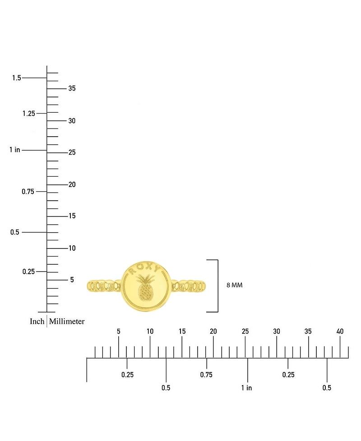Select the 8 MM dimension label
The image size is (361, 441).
tap(234, 285)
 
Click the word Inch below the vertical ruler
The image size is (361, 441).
tap(37, 321)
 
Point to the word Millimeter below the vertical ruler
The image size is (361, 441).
tap(67, 321)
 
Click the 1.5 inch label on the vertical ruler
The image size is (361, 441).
tap(17, 78)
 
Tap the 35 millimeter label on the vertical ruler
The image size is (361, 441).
tap(72, 88)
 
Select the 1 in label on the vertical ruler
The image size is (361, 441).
tap(15, 150)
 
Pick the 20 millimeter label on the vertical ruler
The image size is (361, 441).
tap(72, 184)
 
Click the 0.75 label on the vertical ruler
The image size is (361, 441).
tap(28, 192)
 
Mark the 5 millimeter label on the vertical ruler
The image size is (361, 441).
tap(72, 280)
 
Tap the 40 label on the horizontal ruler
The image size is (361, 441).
tap(340, 331)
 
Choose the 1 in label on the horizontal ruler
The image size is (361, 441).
tap(246, 388)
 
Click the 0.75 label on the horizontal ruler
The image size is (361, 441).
tap(206, 375)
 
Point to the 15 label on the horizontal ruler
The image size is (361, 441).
tap(182, 331)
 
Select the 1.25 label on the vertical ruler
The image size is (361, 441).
tap(29, 113)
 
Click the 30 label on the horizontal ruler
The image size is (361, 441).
tap(277, 331)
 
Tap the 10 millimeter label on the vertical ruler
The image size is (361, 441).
tap(72, 248)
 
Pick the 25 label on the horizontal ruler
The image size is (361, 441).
tap(245, 331)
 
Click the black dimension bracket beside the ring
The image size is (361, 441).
tap(218, 286)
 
